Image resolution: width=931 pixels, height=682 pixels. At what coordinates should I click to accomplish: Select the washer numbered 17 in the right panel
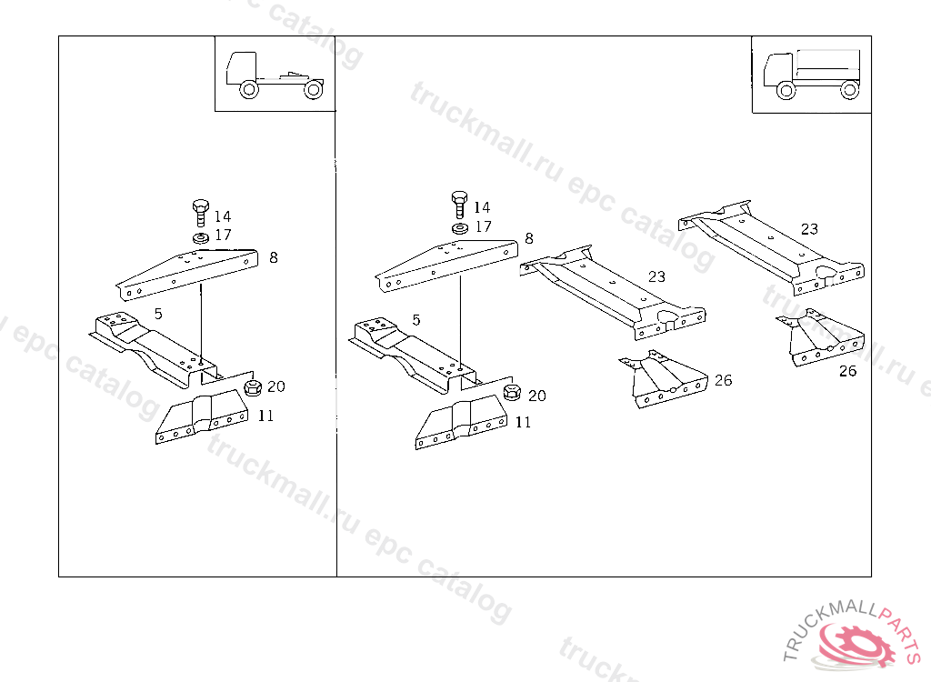[459, 228]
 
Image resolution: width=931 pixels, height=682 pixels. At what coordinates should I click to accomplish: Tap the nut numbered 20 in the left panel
[253, 388]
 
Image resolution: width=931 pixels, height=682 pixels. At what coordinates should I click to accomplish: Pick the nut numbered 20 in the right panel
[512, 392]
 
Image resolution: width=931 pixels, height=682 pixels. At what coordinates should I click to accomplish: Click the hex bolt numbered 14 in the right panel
[459, 205]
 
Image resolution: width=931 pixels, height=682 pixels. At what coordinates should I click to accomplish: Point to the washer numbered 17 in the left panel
[201, 238]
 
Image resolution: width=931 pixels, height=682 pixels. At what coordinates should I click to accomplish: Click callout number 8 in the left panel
[273, 257]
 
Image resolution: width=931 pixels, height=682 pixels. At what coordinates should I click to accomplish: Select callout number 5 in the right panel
[416, 319]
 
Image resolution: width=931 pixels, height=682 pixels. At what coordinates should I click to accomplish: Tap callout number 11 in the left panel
[265, 416]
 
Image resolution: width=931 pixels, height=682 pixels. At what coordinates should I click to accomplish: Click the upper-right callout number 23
[808, 229]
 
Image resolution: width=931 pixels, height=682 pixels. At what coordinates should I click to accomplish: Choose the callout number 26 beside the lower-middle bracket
[723, 379]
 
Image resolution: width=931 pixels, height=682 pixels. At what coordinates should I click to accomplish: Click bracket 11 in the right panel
[461, 424]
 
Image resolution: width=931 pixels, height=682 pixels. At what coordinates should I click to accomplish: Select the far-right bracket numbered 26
[820, 337]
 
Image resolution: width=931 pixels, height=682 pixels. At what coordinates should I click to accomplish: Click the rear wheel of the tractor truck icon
[314, 90]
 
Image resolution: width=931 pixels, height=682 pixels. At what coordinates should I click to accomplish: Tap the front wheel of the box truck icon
[786, 90]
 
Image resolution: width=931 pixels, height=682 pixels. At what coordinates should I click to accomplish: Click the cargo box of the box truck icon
[828, 66]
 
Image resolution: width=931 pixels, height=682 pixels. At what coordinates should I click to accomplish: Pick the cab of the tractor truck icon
[241, 67]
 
